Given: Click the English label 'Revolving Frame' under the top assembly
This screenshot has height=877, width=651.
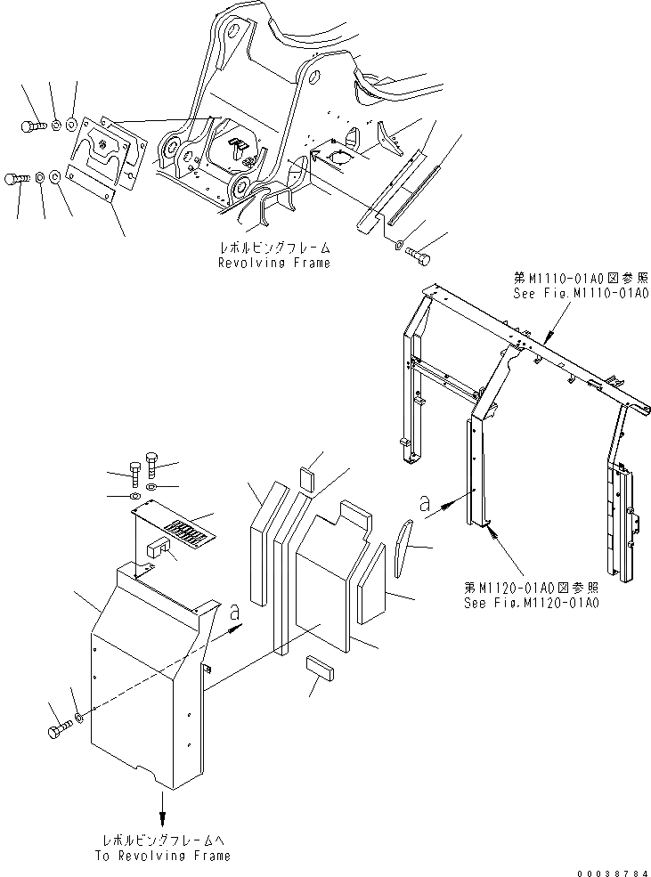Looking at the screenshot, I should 273,263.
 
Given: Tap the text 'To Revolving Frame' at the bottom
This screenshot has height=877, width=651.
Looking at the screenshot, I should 165,855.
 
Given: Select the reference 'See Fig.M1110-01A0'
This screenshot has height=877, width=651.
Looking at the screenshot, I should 579,293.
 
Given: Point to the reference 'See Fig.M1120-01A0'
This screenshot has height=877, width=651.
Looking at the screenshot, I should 532,602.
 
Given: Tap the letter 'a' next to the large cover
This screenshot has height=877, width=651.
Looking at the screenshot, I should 235,612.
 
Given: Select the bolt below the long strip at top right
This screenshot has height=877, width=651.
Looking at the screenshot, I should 419,256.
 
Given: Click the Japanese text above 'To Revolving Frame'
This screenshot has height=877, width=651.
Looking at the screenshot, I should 165,840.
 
